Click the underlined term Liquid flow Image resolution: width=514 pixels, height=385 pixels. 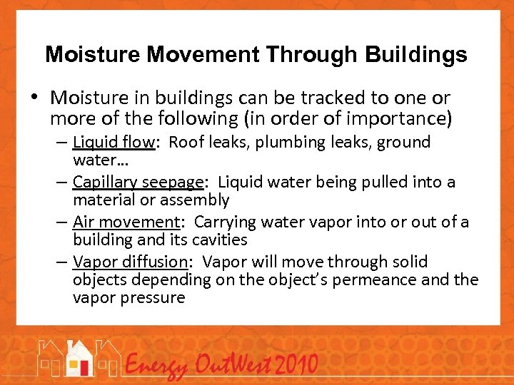[x=114, y=142]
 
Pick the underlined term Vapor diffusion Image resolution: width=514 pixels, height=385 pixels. [x=131, y=262]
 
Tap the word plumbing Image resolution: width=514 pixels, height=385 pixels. [x=286, y=142]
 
